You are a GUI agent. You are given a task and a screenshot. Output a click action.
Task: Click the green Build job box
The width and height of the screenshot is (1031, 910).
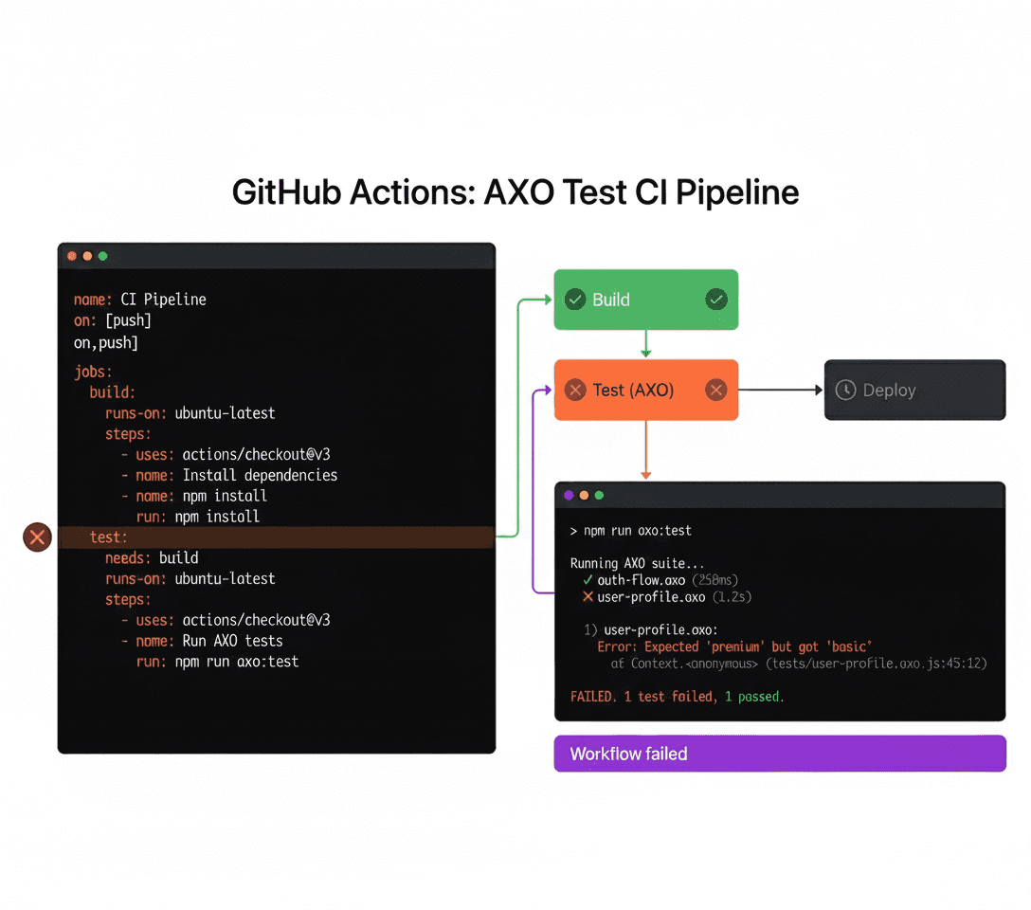click(645, 300)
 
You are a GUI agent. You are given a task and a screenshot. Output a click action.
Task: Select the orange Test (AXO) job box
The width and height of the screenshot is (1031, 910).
click(645, 390)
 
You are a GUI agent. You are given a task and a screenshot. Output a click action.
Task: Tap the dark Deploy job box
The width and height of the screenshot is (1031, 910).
click(914, 390)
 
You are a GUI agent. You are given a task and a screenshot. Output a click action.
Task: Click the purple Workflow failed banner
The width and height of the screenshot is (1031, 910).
click(779, 754)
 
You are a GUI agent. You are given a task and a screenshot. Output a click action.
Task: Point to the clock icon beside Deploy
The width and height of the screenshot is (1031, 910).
click(845, 390)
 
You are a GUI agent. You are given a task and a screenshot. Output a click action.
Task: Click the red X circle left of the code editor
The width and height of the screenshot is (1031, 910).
click(37, 537)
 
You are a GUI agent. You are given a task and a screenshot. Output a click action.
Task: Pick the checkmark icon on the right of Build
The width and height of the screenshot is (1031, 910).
click(716, 300)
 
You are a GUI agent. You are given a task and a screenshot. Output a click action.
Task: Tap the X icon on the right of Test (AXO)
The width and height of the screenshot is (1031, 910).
click(716, 390)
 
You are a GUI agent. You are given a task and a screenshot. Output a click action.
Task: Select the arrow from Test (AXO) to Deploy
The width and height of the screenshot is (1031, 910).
click(780, 390)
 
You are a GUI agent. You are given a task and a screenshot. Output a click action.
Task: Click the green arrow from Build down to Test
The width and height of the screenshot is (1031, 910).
click(645, 343)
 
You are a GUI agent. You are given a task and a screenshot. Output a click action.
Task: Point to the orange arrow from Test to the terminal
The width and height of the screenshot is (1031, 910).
click(645, 449)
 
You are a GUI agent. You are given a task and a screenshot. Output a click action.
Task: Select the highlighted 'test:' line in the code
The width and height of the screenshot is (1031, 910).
click(109, 537)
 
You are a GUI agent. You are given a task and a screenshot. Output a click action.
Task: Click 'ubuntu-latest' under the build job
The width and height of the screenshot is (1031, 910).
click(226, 413)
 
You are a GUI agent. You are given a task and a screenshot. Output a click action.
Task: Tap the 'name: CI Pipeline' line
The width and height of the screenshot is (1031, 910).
click(140, 300)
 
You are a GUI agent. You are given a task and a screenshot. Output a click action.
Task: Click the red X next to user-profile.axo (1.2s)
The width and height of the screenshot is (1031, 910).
click(588, 597)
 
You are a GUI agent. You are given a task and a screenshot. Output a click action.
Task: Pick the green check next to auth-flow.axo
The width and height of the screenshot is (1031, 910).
click(588, 580)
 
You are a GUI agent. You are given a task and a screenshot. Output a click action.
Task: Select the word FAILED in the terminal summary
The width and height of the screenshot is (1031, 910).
click(592, 697)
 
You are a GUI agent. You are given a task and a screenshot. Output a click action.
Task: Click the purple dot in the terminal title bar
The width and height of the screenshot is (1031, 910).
click(569, 495)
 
